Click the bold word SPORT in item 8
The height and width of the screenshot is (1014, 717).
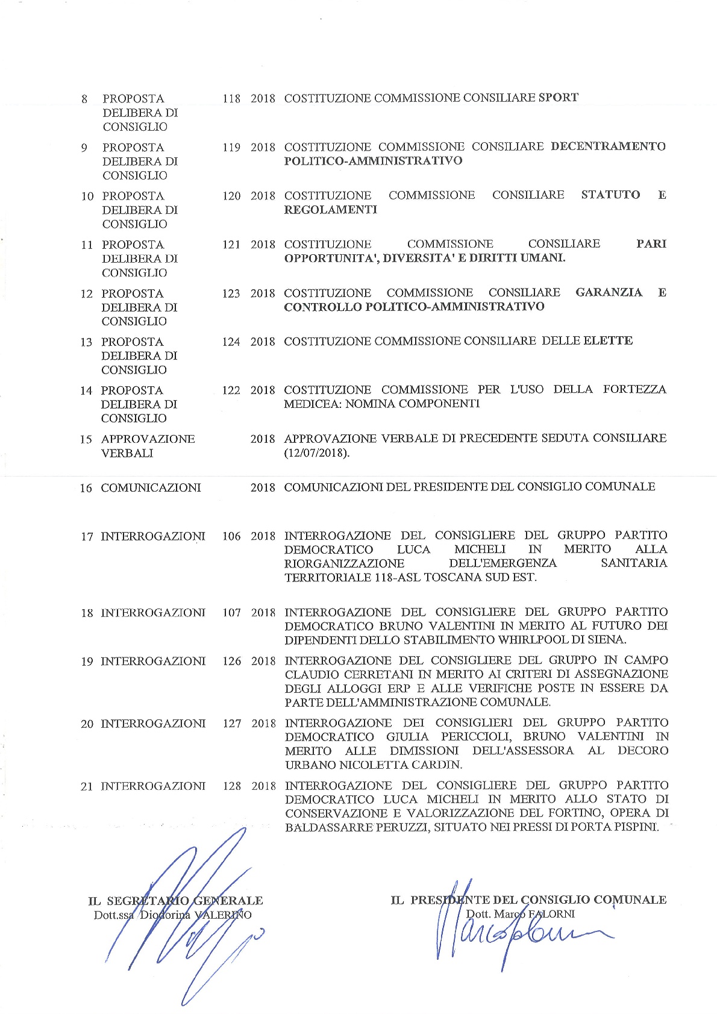(558, 98)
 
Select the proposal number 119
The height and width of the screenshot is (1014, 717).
(231, 148)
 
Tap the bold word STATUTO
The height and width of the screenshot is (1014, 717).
(610, 195)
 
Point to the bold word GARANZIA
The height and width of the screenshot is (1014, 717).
(609, 292)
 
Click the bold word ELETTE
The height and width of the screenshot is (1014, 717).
(608, 340)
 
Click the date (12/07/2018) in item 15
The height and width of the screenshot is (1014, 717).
(316, 452)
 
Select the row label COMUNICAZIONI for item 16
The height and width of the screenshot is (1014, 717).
(151, 487)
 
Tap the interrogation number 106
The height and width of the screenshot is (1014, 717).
(231, 536)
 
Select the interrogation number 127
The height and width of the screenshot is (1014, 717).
(232, 724)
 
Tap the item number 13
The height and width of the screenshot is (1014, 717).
(86, 342)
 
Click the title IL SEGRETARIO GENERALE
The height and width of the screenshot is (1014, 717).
(175, 901)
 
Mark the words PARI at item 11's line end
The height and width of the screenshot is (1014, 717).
(651, 243)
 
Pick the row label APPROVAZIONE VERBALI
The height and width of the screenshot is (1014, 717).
(148, 446)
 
